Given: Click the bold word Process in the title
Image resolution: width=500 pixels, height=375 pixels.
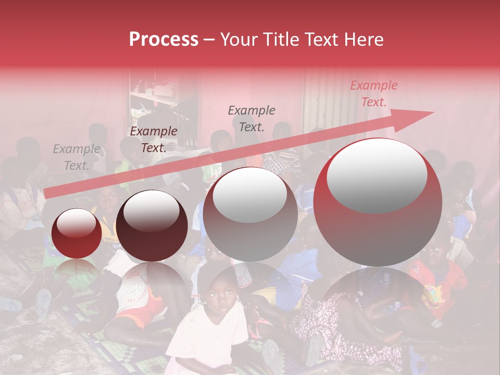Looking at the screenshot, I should (164, 40).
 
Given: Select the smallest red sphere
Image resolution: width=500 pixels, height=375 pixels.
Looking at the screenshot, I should (77, 233).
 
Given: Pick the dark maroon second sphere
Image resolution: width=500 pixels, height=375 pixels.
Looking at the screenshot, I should (152, 226).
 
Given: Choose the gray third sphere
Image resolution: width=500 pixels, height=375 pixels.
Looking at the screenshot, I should (250, 214).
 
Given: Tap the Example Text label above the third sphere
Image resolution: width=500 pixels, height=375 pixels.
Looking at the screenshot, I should (252, 118).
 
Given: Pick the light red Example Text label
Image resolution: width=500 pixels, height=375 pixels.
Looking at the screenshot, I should (373, 94).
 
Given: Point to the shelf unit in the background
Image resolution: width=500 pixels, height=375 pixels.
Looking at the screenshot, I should (156, 104).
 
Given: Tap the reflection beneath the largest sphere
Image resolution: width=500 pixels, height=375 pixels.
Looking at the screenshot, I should (378, 297).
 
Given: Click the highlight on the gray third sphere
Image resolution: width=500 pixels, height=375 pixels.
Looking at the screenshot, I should (249, 195).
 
